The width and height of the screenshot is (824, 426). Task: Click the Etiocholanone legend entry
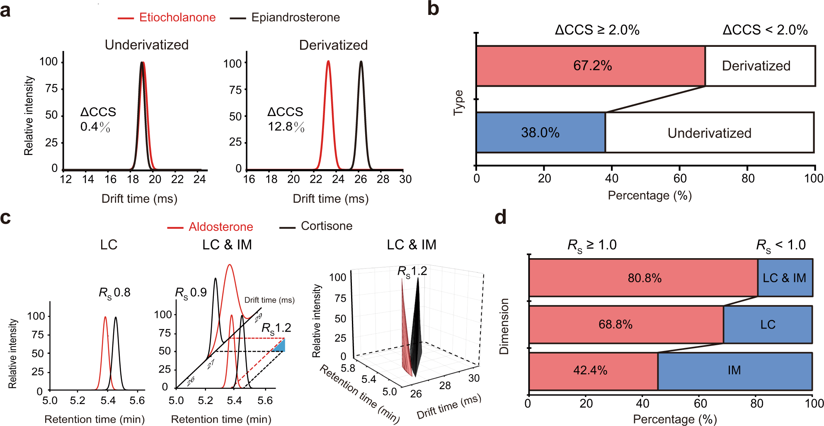pos(167,17)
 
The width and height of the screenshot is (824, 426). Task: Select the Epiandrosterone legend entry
pos(286,17)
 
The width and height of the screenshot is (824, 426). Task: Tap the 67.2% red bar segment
pos(591,66)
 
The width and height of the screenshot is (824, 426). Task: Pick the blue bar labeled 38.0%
pos(540,133)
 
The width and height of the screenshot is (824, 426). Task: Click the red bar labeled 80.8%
pos(644,278)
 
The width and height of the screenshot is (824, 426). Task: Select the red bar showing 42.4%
pos(593,371)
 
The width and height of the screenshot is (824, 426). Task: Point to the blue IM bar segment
pos(734,371)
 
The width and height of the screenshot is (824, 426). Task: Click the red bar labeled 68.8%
pos(626,324)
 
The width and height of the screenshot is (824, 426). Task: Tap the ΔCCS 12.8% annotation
pos(286,119)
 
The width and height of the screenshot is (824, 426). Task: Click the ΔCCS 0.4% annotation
pos(98,119)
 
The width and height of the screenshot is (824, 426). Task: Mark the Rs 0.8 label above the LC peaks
pos(114,293)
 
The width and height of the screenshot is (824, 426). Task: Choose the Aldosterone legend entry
pos(211,227)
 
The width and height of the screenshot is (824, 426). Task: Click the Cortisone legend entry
pos(316,226)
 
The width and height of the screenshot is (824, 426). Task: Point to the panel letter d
pos(500,217)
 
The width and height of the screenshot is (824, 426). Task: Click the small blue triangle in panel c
pos(280,346)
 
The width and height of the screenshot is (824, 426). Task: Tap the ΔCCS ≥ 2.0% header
pos(597,30)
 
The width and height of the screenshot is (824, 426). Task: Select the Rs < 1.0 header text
pos(781,245)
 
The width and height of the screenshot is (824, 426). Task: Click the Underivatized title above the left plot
pos(147,45)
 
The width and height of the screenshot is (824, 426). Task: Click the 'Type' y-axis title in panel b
pos(458,102)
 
